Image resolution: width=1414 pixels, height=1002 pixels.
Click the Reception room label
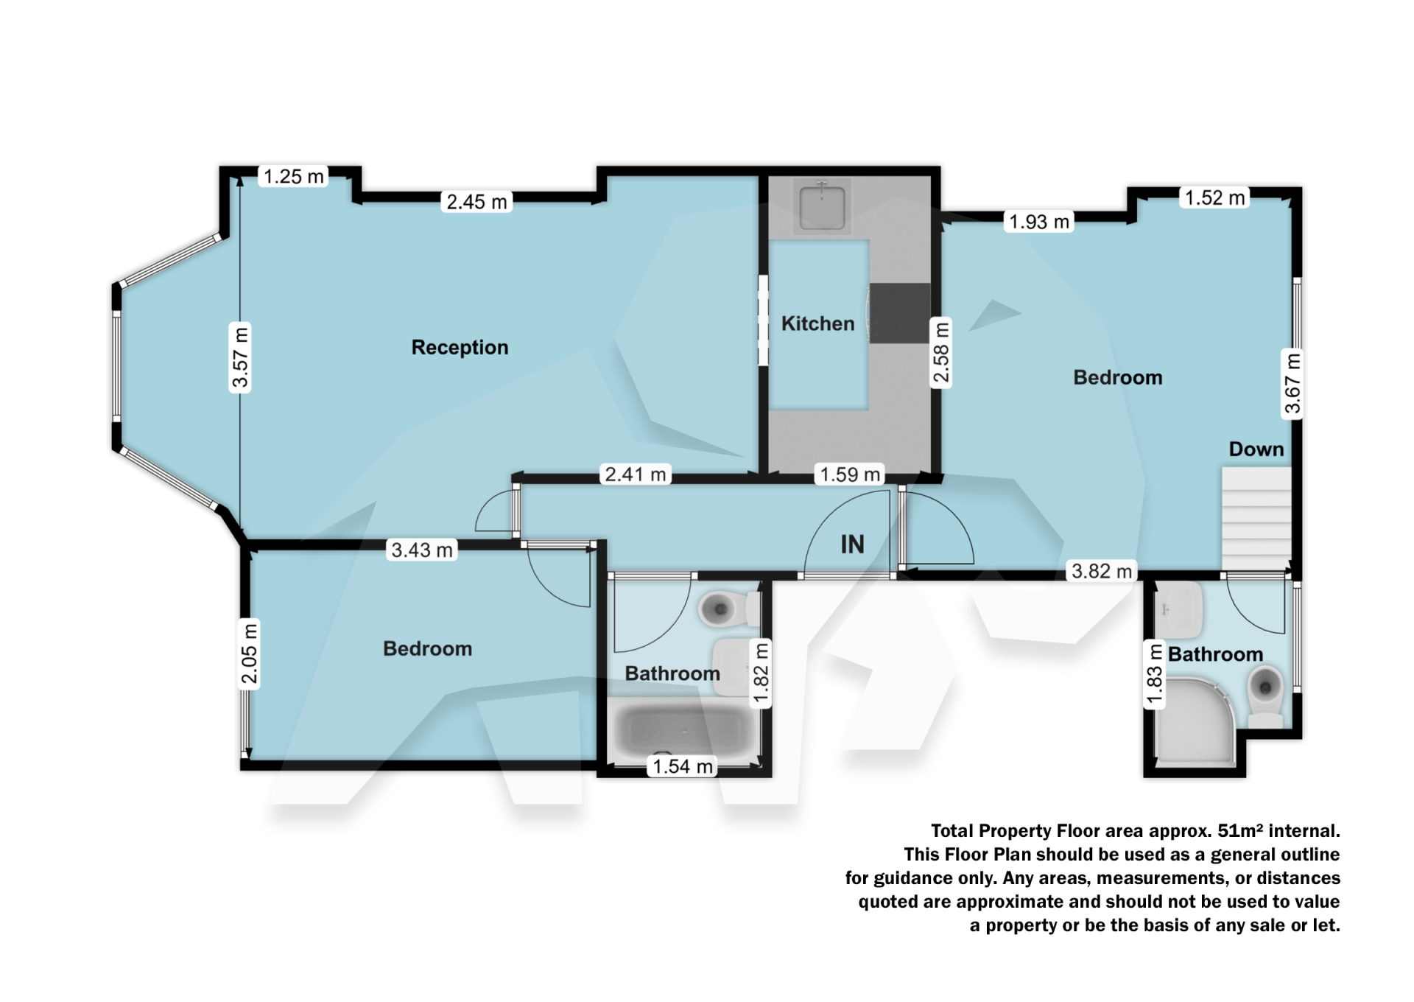[x=460, y=347]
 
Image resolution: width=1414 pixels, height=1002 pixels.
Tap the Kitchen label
[x=817, y=323]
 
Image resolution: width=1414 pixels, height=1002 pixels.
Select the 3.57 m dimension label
[x=240, y=357]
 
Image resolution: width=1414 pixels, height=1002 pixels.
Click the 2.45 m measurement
[x=476, y=201]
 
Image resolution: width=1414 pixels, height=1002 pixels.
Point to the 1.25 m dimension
[x=293, y=176]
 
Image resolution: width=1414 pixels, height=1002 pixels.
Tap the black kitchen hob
[x=900, y=313]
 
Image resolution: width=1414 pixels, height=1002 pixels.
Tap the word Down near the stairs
[x=1256, y=449]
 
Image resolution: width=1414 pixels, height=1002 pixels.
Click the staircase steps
[x=1256, y=519]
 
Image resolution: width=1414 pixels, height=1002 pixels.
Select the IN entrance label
[x=852, y=544]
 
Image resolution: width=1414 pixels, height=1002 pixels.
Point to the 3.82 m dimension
[x=1101, y=571]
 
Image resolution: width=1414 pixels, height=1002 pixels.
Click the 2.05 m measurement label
[x=250, y=653]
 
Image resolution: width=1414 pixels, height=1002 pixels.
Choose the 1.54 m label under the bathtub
[x=683, y=766]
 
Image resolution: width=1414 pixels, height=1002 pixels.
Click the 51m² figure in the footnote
[x=1239, y=831]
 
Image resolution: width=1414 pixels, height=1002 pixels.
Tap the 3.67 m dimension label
[x=1293, y=384]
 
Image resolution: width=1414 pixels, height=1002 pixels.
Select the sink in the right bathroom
[x=1179, y=611]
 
